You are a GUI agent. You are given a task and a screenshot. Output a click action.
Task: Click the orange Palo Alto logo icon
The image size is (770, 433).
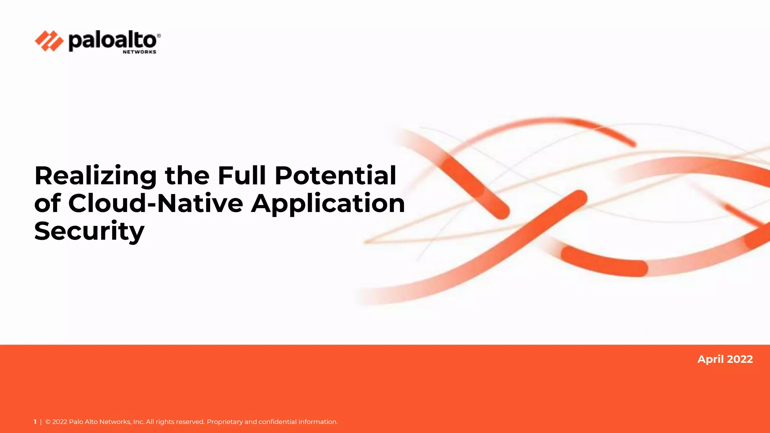(x=49, y=41)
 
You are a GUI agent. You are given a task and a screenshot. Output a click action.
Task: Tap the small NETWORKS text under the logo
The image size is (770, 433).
(x=139, y=52)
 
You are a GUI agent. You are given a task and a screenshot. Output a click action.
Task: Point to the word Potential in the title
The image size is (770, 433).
(x=335, y=176)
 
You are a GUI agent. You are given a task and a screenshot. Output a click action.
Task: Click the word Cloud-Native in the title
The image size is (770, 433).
(x=156, y=203)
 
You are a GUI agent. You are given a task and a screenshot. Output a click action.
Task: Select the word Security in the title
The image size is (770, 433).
(x=89, y=231)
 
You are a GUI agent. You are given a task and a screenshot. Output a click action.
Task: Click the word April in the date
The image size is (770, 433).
(x=711, y=359)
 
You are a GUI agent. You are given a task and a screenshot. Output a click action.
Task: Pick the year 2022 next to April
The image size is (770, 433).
(x=740, y=359)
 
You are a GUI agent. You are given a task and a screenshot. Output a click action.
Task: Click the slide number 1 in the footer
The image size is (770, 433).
(x=35, y=422)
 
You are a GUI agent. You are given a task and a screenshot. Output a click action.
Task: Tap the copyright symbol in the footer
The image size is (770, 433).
(x=48, y=422)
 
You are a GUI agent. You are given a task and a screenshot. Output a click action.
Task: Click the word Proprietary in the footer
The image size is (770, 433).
(x=224, y=422)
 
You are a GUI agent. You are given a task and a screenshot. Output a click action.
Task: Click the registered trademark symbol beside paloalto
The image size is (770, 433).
(x=159, y=36)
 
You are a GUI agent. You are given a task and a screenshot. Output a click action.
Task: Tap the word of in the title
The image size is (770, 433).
(x=47, y=203)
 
